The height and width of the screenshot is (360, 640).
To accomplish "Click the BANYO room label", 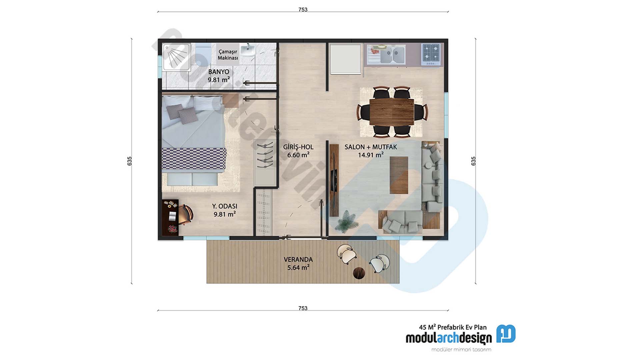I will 219,72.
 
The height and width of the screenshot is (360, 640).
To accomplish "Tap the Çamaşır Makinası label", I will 228,55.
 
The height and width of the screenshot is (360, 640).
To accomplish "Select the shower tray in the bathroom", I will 176,57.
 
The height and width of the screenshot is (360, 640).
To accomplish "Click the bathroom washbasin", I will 247,51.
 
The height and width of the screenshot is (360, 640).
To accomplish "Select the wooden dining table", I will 392,112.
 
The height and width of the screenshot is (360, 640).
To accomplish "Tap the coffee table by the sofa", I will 399,175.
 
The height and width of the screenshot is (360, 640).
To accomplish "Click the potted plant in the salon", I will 347,221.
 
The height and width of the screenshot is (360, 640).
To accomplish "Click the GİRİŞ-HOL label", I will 298,147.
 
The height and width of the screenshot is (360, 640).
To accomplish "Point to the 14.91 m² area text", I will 370,155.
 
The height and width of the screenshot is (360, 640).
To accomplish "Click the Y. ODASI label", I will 225,206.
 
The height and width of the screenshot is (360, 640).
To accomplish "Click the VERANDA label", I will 298,259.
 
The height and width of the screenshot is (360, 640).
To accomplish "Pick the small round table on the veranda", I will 359,273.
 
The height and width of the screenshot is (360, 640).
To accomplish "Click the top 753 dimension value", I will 303,10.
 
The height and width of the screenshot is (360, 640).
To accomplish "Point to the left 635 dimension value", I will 130,161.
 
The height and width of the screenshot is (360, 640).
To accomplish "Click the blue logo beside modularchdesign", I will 506,334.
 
